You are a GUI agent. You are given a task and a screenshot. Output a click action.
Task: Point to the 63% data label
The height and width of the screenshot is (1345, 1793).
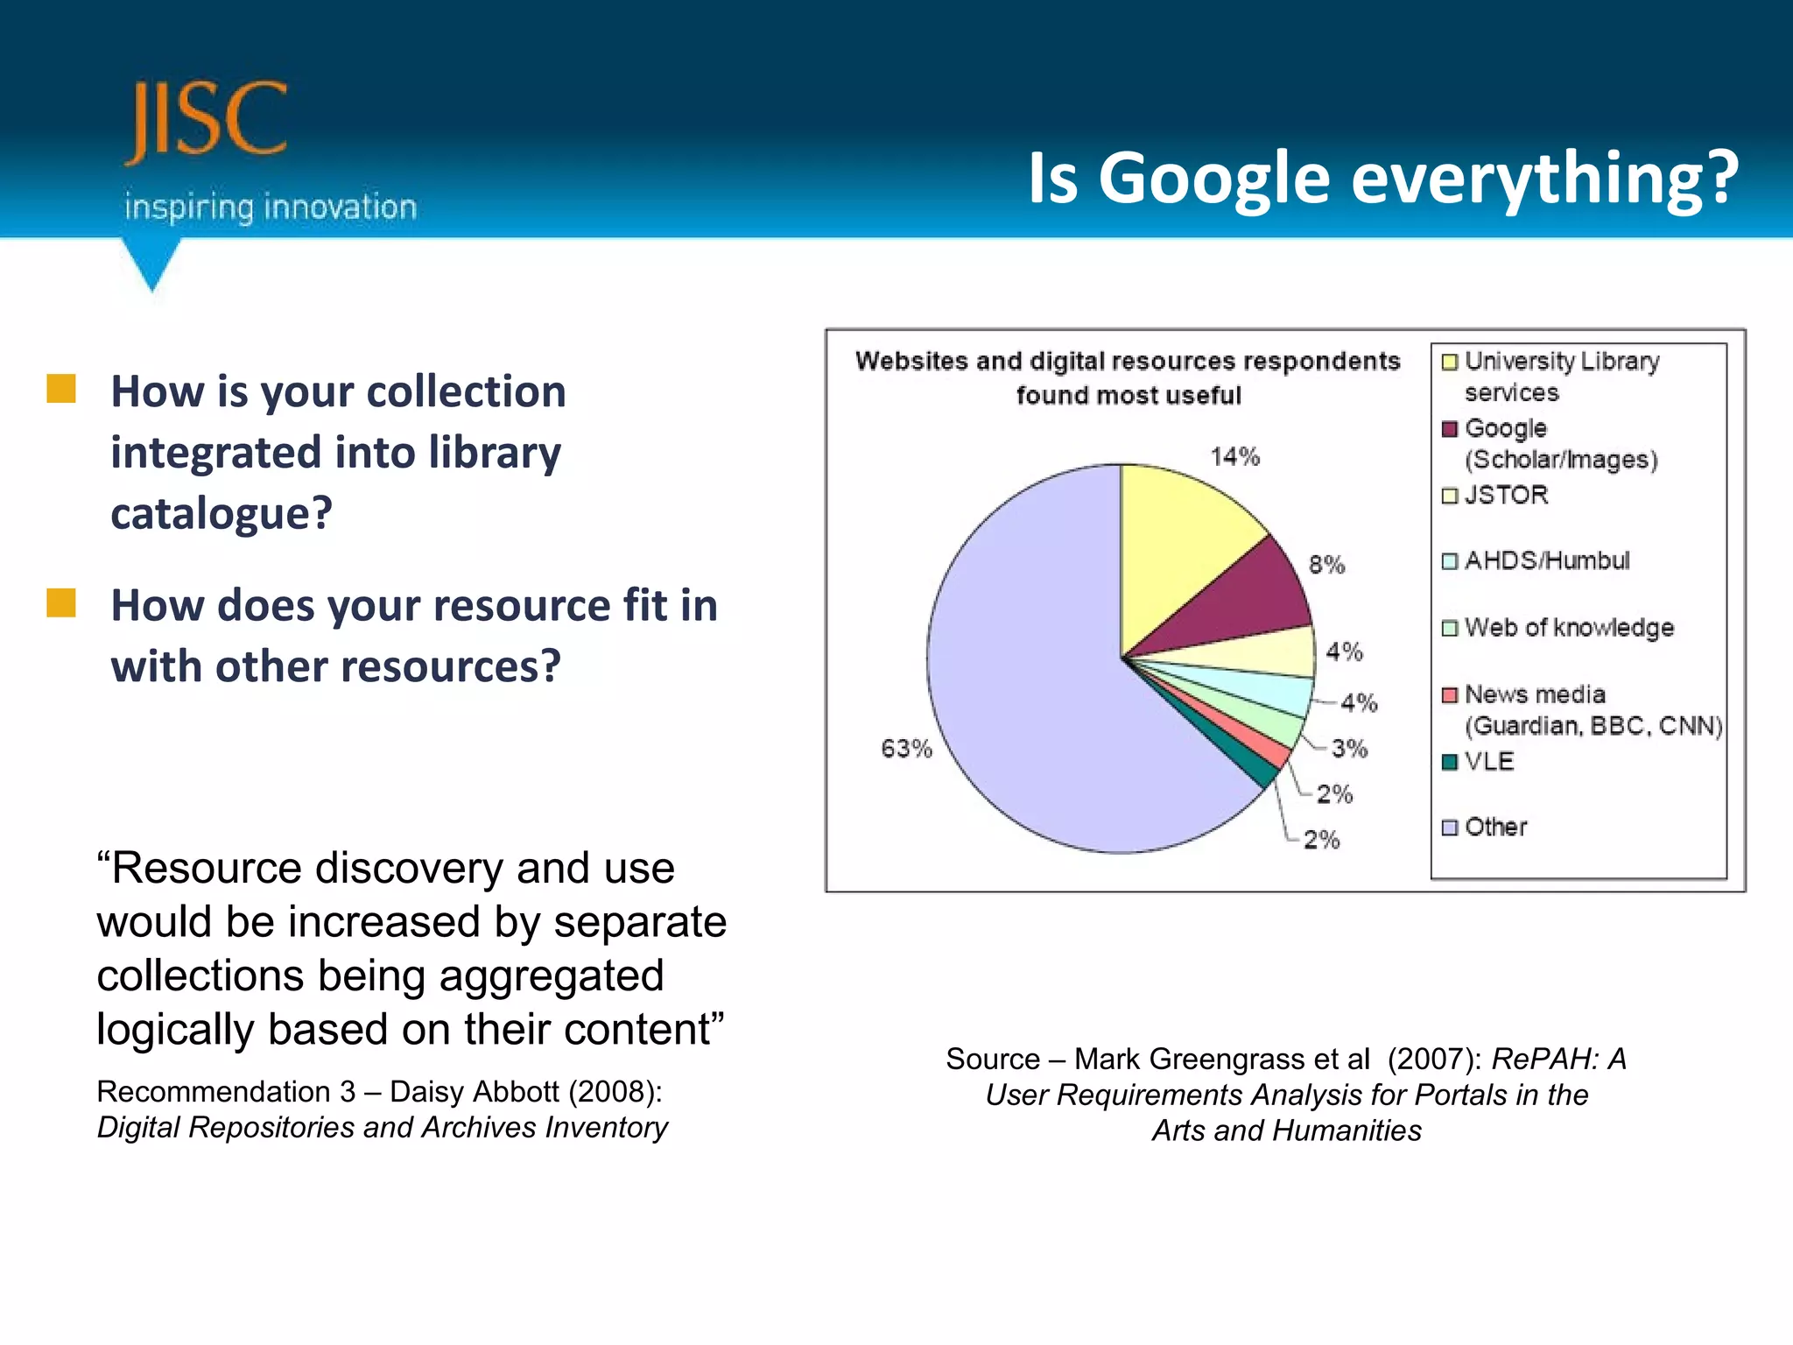click(x=906, y=749)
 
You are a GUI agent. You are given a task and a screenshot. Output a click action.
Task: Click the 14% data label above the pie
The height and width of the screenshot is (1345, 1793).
click(x=1234, y=456)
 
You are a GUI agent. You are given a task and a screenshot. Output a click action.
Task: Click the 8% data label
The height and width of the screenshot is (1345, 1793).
click(x=1326, y=565)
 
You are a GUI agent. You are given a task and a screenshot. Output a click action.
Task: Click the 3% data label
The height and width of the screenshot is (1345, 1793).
click(x=1349, y=749)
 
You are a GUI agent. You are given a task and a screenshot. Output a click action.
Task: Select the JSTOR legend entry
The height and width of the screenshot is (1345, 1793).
click(x=1506, y=495)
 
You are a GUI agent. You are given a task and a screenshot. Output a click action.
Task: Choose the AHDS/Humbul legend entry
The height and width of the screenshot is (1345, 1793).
click(x=1546, y=560)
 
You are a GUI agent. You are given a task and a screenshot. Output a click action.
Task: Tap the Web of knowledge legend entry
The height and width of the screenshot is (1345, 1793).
click(x=1568, y=628)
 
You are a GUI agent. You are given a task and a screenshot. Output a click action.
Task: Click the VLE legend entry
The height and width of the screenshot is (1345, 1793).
click(x=1488, y=761)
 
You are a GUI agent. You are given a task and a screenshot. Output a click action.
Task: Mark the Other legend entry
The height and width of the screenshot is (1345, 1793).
click(x=1495, y=827)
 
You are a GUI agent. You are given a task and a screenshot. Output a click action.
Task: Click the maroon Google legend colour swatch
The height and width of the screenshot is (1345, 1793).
click(x=1450, y=429)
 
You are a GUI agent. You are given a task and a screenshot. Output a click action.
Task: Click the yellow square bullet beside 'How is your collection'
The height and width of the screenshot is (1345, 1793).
click(x=61, y=389)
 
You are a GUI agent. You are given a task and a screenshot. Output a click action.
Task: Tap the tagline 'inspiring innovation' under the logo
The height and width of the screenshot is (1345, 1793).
click(x=270, y=208)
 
